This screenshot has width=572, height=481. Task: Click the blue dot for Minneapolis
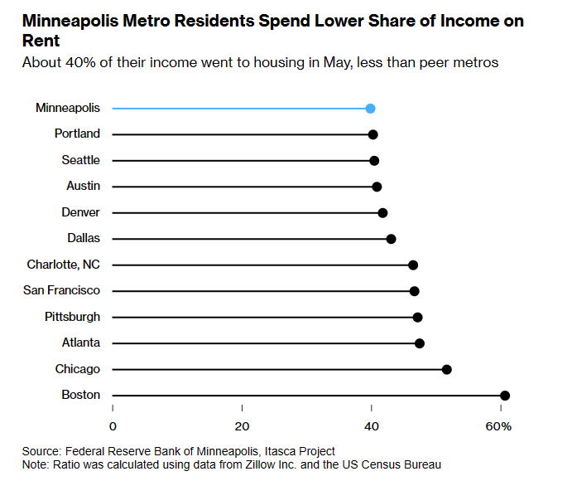click(370, 108)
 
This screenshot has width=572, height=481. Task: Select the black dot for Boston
click(505, 396)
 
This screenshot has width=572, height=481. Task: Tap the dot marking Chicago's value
click(446, 369)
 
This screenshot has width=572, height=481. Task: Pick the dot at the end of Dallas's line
click(391, 239)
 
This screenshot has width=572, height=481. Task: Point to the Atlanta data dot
click(420, 343)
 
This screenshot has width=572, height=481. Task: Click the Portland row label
click(77, 134)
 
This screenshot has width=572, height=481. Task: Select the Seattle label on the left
click(80, 160)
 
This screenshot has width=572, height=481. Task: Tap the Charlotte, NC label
click(64, 265)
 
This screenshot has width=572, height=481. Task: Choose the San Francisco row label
click(63, 290)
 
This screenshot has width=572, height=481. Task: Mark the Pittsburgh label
click(72, 317)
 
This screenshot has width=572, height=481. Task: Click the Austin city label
click(83, 187)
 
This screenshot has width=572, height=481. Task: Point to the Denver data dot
click(382, 213)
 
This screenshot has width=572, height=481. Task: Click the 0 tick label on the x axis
click(113, 426)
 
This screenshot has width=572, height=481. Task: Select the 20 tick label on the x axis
click(242, 426)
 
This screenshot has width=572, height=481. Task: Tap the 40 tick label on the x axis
click(372, 426)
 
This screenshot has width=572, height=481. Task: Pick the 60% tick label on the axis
click(499, 426)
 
